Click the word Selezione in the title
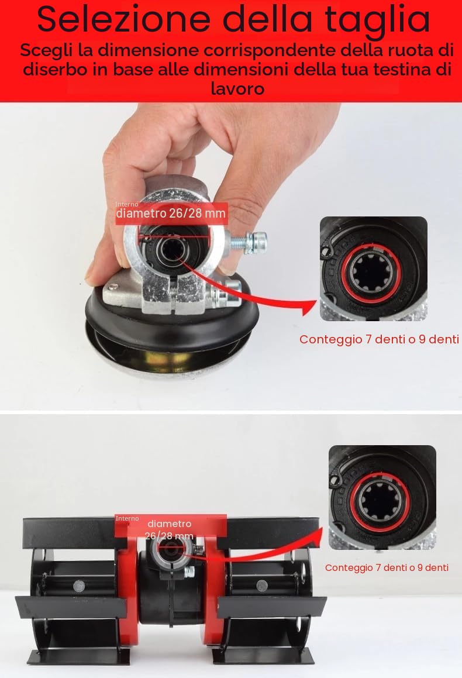click(x=123, y=19)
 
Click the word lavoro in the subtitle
click(x=237, y=88)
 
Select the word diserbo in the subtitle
click(x=56, y=69)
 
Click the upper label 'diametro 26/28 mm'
click(x=171, y=213)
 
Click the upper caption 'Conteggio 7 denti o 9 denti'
click(x=379, y=339)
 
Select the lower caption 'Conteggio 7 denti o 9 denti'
click(x=387, y=568)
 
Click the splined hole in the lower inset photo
click(x=380, y=501)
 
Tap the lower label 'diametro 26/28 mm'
click(x=169, y=529)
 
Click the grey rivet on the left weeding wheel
click(x=79, y=586)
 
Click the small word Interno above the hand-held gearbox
click(x=127, y=204)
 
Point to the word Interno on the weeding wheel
click(x=127, y=518)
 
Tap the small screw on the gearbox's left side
click(x=113, y=286)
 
